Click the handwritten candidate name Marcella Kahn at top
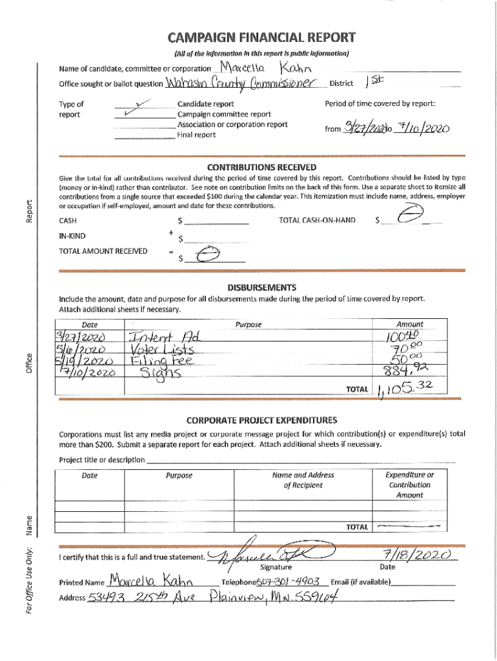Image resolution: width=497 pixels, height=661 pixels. (x=267, y=67)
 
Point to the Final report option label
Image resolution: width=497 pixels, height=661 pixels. (x=196, y=135)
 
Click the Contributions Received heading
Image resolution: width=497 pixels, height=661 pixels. (x=261, y=166)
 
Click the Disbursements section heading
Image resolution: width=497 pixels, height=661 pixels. (x=261, y=287)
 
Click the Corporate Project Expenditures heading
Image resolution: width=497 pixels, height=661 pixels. (x=261, y=420)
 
